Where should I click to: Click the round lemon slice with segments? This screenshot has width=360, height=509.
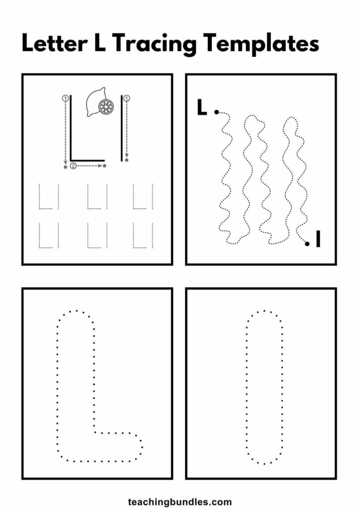[106, 106]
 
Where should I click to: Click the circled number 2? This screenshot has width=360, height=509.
[74, 166]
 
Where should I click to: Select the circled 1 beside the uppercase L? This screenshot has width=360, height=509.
[65, 98]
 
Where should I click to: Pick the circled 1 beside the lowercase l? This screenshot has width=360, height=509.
[127, 98]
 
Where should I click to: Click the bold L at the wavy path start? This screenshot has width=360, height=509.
[201, 107]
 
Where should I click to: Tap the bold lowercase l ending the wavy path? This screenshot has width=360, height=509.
[318, 239]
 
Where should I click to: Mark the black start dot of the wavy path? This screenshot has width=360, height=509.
[216, 112]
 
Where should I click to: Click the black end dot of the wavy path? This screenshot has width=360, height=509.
[307, 244]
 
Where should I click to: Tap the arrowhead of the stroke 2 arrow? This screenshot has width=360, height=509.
[100, 166]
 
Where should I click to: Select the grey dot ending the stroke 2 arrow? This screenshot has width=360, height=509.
[104, 166]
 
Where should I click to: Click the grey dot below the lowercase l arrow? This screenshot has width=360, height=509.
[127, 160]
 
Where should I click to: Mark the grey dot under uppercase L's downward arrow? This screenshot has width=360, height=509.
[65, 167]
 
